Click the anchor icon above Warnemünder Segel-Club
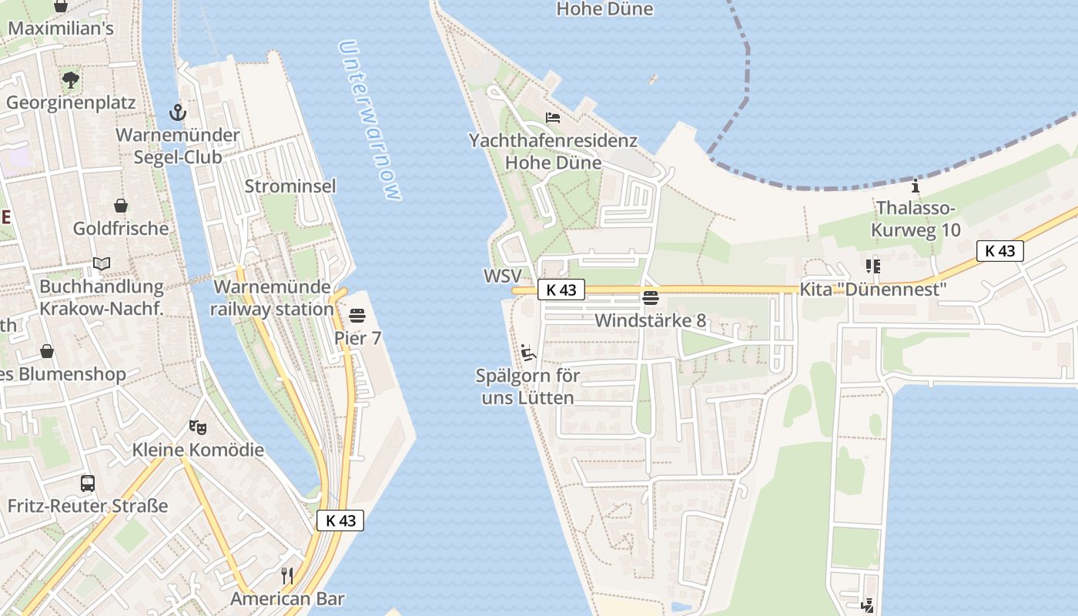coord(178,113)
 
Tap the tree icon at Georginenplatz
coord(71,79)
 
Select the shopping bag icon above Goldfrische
coord(121,206)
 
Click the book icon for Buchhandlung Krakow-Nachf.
coord(102,264)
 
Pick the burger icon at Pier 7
coord(357,315)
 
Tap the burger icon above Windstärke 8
coord(651,298)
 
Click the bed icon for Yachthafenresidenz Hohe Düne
coord(553,118)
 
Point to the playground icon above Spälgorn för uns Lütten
coord(527,353)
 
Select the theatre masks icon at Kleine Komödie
coord(198,427)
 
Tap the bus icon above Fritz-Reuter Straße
coord(88,484)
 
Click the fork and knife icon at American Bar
coord(287,575)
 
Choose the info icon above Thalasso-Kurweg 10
coord(916,186)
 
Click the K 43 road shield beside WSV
coord(561,290)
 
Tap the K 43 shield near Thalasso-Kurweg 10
coord(1000,250)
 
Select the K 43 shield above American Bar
coord(340,521)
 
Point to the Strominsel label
coord(290,186)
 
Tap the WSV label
coord(502,276)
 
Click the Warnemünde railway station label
coord(273,298)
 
